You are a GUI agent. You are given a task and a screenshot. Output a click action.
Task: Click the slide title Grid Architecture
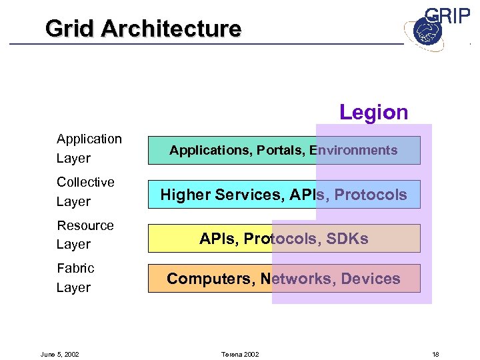point(143,29)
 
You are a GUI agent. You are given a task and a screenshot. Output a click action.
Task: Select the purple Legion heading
point(373,112)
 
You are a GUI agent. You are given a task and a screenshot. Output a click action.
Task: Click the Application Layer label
point(89,148)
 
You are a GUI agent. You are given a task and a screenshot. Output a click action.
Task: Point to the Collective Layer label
point(85,191)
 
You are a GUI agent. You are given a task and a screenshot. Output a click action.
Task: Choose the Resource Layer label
point(85,235)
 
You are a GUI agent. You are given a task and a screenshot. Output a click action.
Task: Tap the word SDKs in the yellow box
point(347,239)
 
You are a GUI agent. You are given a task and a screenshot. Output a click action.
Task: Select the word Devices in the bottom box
point(371,279)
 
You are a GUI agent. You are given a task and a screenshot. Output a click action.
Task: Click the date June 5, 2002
point(59,354)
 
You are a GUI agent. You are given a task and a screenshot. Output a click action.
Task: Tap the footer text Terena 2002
point(240,354)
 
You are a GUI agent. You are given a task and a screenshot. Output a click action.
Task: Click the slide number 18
point(435,354)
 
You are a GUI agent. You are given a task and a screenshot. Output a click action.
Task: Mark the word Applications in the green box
point(203,150)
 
